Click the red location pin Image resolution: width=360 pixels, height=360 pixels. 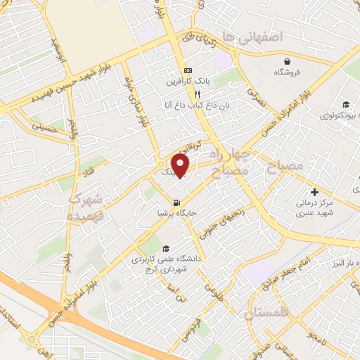pyautogui.click(x=182, y=165)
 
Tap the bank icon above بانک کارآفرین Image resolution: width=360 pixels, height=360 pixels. pyautogui.click(x=188, y=71)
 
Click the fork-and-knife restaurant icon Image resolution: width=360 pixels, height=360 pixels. pyautogui.click(x=198, y=94)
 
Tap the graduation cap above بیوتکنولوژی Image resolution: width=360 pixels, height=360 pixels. pyautogui.click(x=345, y=104)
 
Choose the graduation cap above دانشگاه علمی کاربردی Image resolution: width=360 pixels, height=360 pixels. pyautogui.click(x=165, y=248)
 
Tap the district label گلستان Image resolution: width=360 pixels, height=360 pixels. pyautogui.click(x=268, y=312)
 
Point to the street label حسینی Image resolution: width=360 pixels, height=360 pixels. pyautogui.click(x=46, y=127)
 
